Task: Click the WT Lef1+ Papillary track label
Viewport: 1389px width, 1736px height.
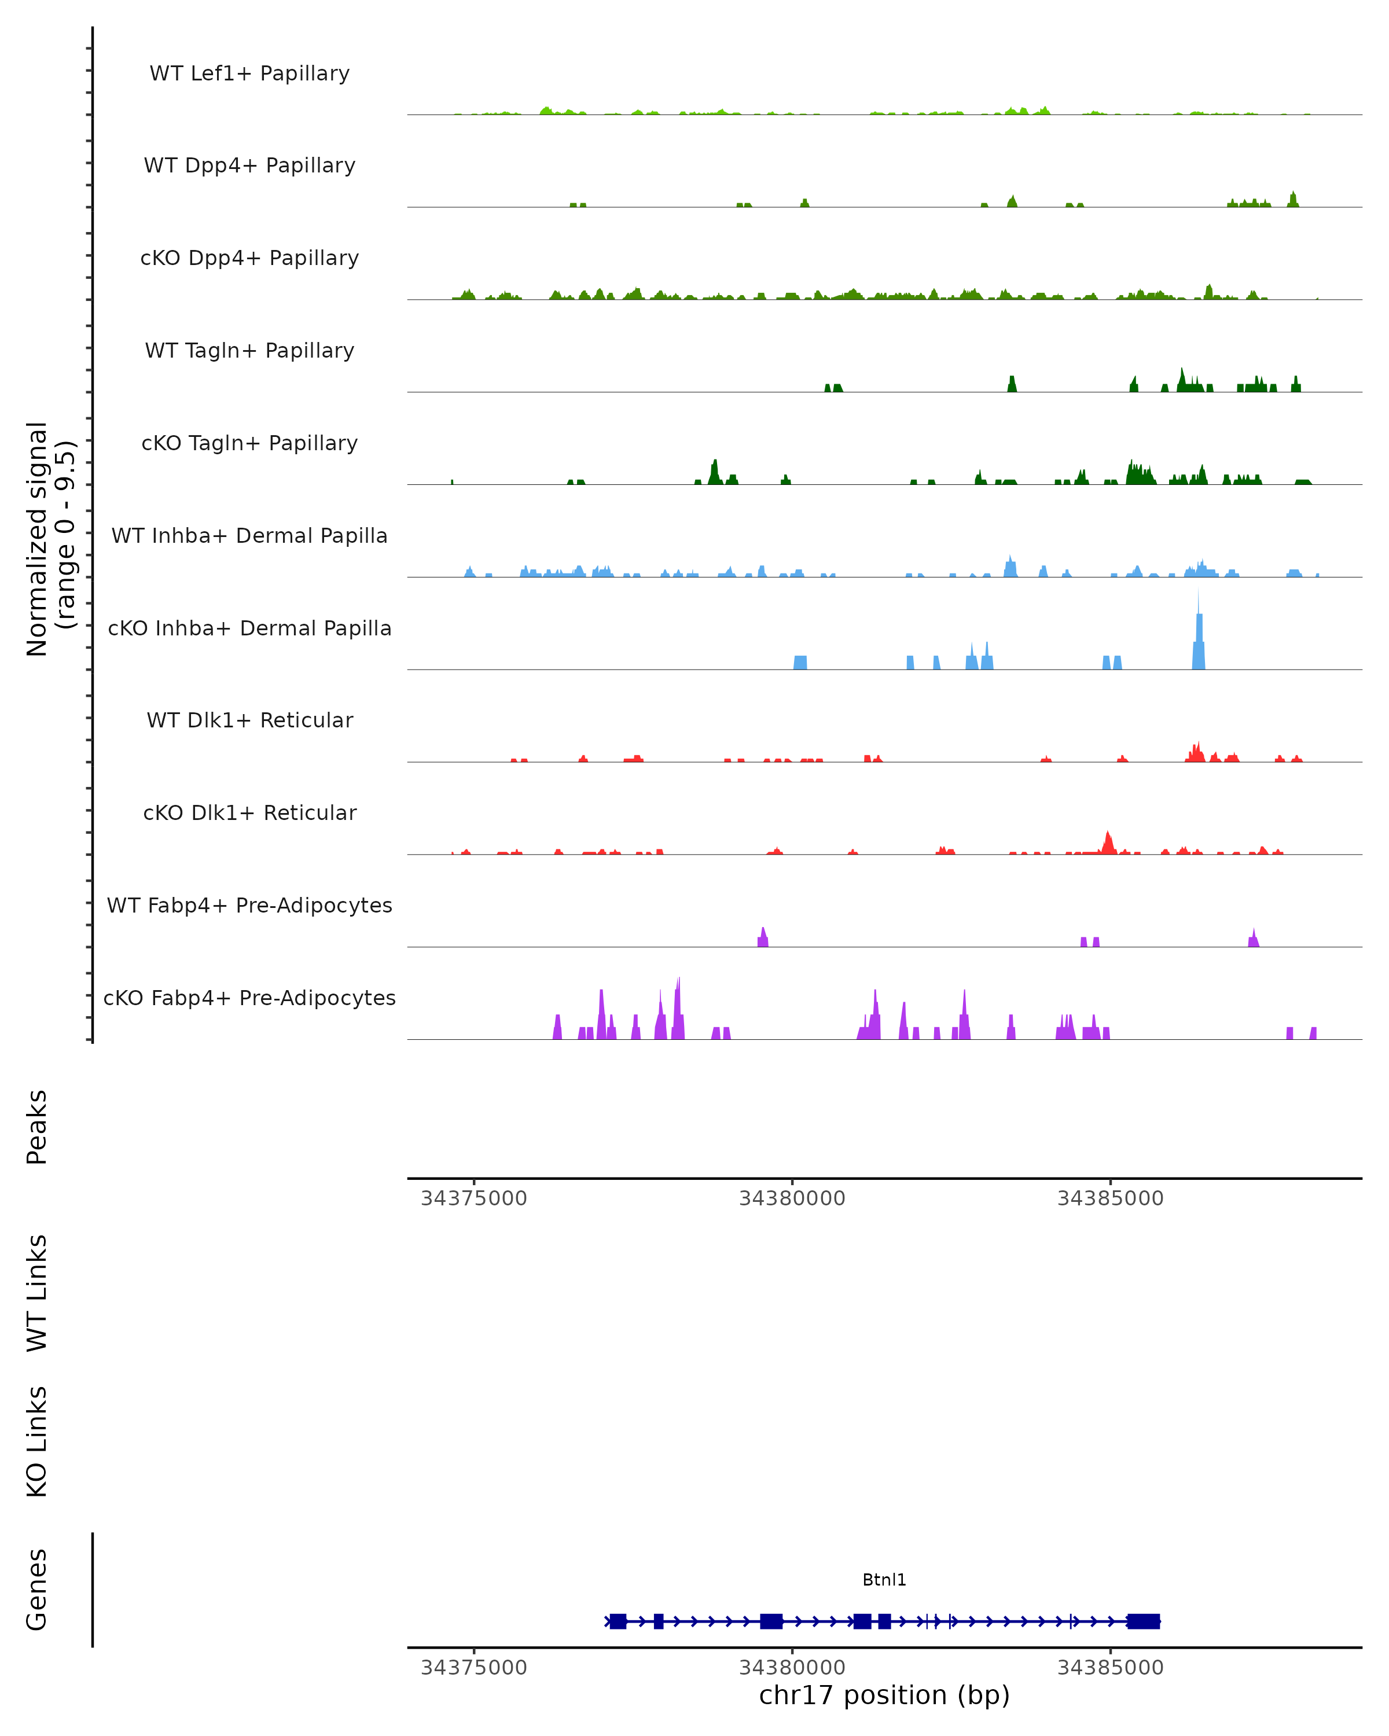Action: click(x=249, y=73)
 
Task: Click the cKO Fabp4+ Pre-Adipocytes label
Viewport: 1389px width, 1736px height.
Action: click(x=249, y=998)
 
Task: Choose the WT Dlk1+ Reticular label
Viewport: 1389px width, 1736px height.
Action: click(x=249, y=720)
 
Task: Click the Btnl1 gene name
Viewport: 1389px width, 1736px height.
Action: click(x=884, y=1580)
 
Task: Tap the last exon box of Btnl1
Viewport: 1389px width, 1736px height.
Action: click(x=1144, y=1621)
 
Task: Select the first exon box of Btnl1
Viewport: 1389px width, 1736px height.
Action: click(x=618, y=1621)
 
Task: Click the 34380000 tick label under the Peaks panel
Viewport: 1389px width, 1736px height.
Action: click(x=792, y=1199)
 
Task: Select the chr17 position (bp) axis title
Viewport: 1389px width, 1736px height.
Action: click(x=884, y=1695)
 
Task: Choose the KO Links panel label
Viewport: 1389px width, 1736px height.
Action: click(x=37, y=1441)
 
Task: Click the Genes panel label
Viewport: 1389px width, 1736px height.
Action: click(x=37, y=1590)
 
